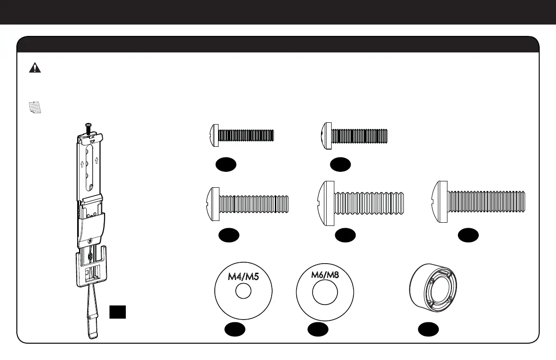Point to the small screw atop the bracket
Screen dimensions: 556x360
[x=87, y=124]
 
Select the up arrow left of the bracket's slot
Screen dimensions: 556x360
[x=82, y=163]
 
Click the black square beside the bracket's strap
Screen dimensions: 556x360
[x=117, y=312]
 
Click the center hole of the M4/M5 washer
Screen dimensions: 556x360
[x=243, y=292]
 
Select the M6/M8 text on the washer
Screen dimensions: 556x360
[x=325, y=275]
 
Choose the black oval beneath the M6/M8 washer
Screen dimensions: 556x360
[x=317, y=330]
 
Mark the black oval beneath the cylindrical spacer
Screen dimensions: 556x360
[x=428, y=330]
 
